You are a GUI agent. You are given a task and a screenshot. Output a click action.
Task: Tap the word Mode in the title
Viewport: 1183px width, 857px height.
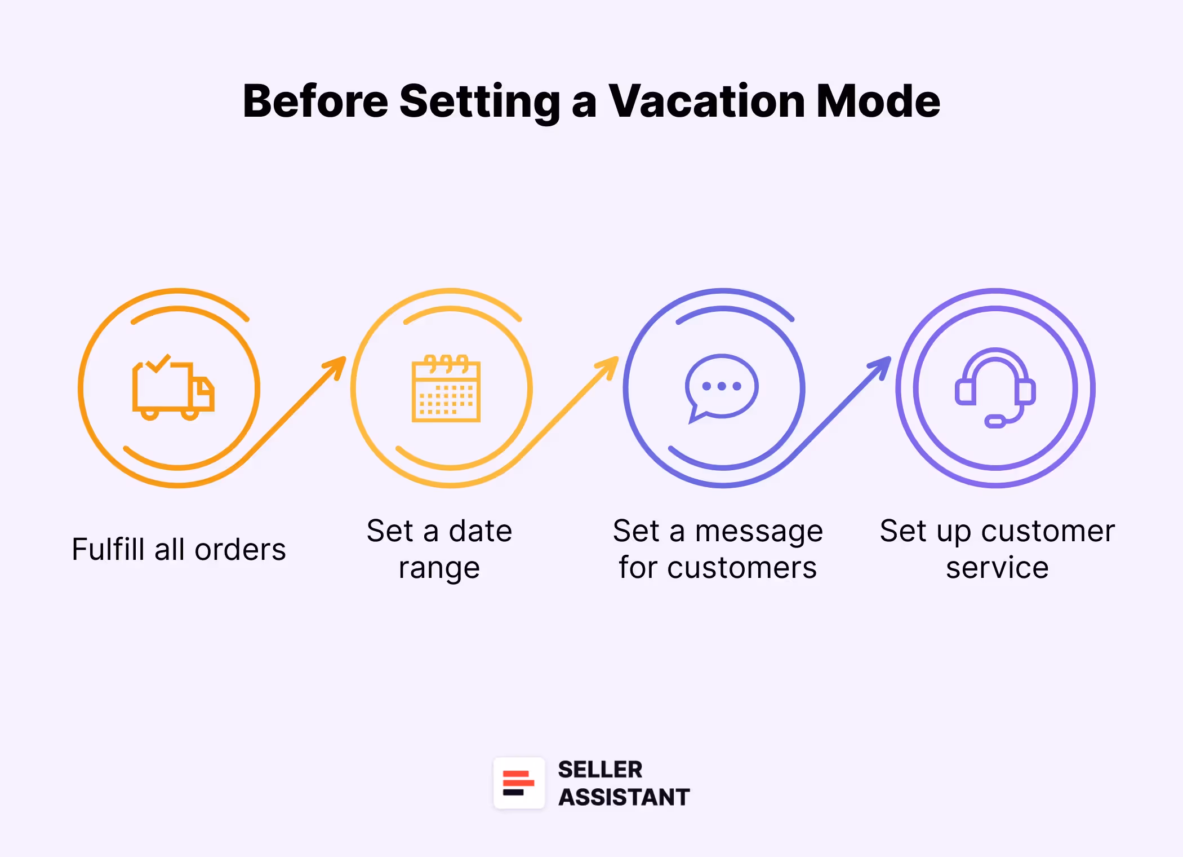pos(878,101)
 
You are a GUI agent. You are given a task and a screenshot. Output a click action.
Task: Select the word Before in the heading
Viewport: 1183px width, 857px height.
pos(315,101)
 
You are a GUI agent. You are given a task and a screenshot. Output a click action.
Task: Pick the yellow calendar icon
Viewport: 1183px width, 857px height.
pos(446,389)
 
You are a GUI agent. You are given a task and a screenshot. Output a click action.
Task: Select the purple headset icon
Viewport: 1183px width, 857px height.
pos(995,387)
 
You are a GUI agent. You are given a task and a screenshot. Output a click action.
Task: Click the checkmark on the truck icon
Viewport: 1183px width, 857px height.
pos(158,363)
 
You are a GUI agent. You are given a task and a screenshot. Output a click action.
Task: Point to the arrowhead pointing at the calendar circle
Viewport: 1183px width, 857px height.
pos(338,364)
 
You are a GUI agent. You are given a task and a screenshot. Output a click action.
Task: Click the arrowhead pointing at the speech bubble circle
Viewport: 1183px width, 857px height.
pos(611,364)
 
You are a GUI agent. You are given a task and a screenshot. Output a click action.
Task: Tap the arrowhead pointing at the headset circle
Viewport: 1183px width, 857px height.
pos(883,364)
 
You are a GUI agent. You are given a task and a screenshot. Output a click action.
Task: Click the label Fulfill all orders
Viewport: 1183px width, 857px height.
pos(179,550)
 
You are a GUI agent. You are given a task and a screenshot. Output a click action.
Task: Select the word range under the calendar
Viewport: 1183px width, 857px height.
pos(439,568)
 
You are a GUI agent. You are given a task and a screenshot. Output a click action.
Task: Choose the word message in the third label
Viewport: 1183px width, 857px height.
pos(759,532)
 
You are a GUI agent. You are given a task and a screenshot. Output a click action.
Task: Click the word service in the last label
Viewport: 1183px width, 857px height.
pos(997,568)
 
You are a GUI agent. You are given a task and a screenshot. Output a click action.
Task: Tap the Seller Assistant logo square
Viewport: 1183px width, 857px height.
pos(519,783)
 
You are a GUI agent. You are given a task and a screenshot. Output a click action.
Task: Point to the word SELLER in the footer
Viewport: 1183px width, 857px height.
pos(600,770)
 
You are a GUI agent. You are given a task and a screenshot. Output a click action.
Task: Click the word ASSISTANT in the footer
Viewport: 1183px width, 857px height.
pos(624,797)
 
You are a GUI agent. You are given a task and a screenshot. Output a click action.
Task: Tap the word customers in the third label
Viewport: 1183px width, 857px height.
pos(742,568)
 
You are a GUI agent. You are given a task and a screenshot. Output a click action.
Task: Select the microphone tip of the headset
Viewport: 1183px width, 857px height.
pos(995,421)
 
